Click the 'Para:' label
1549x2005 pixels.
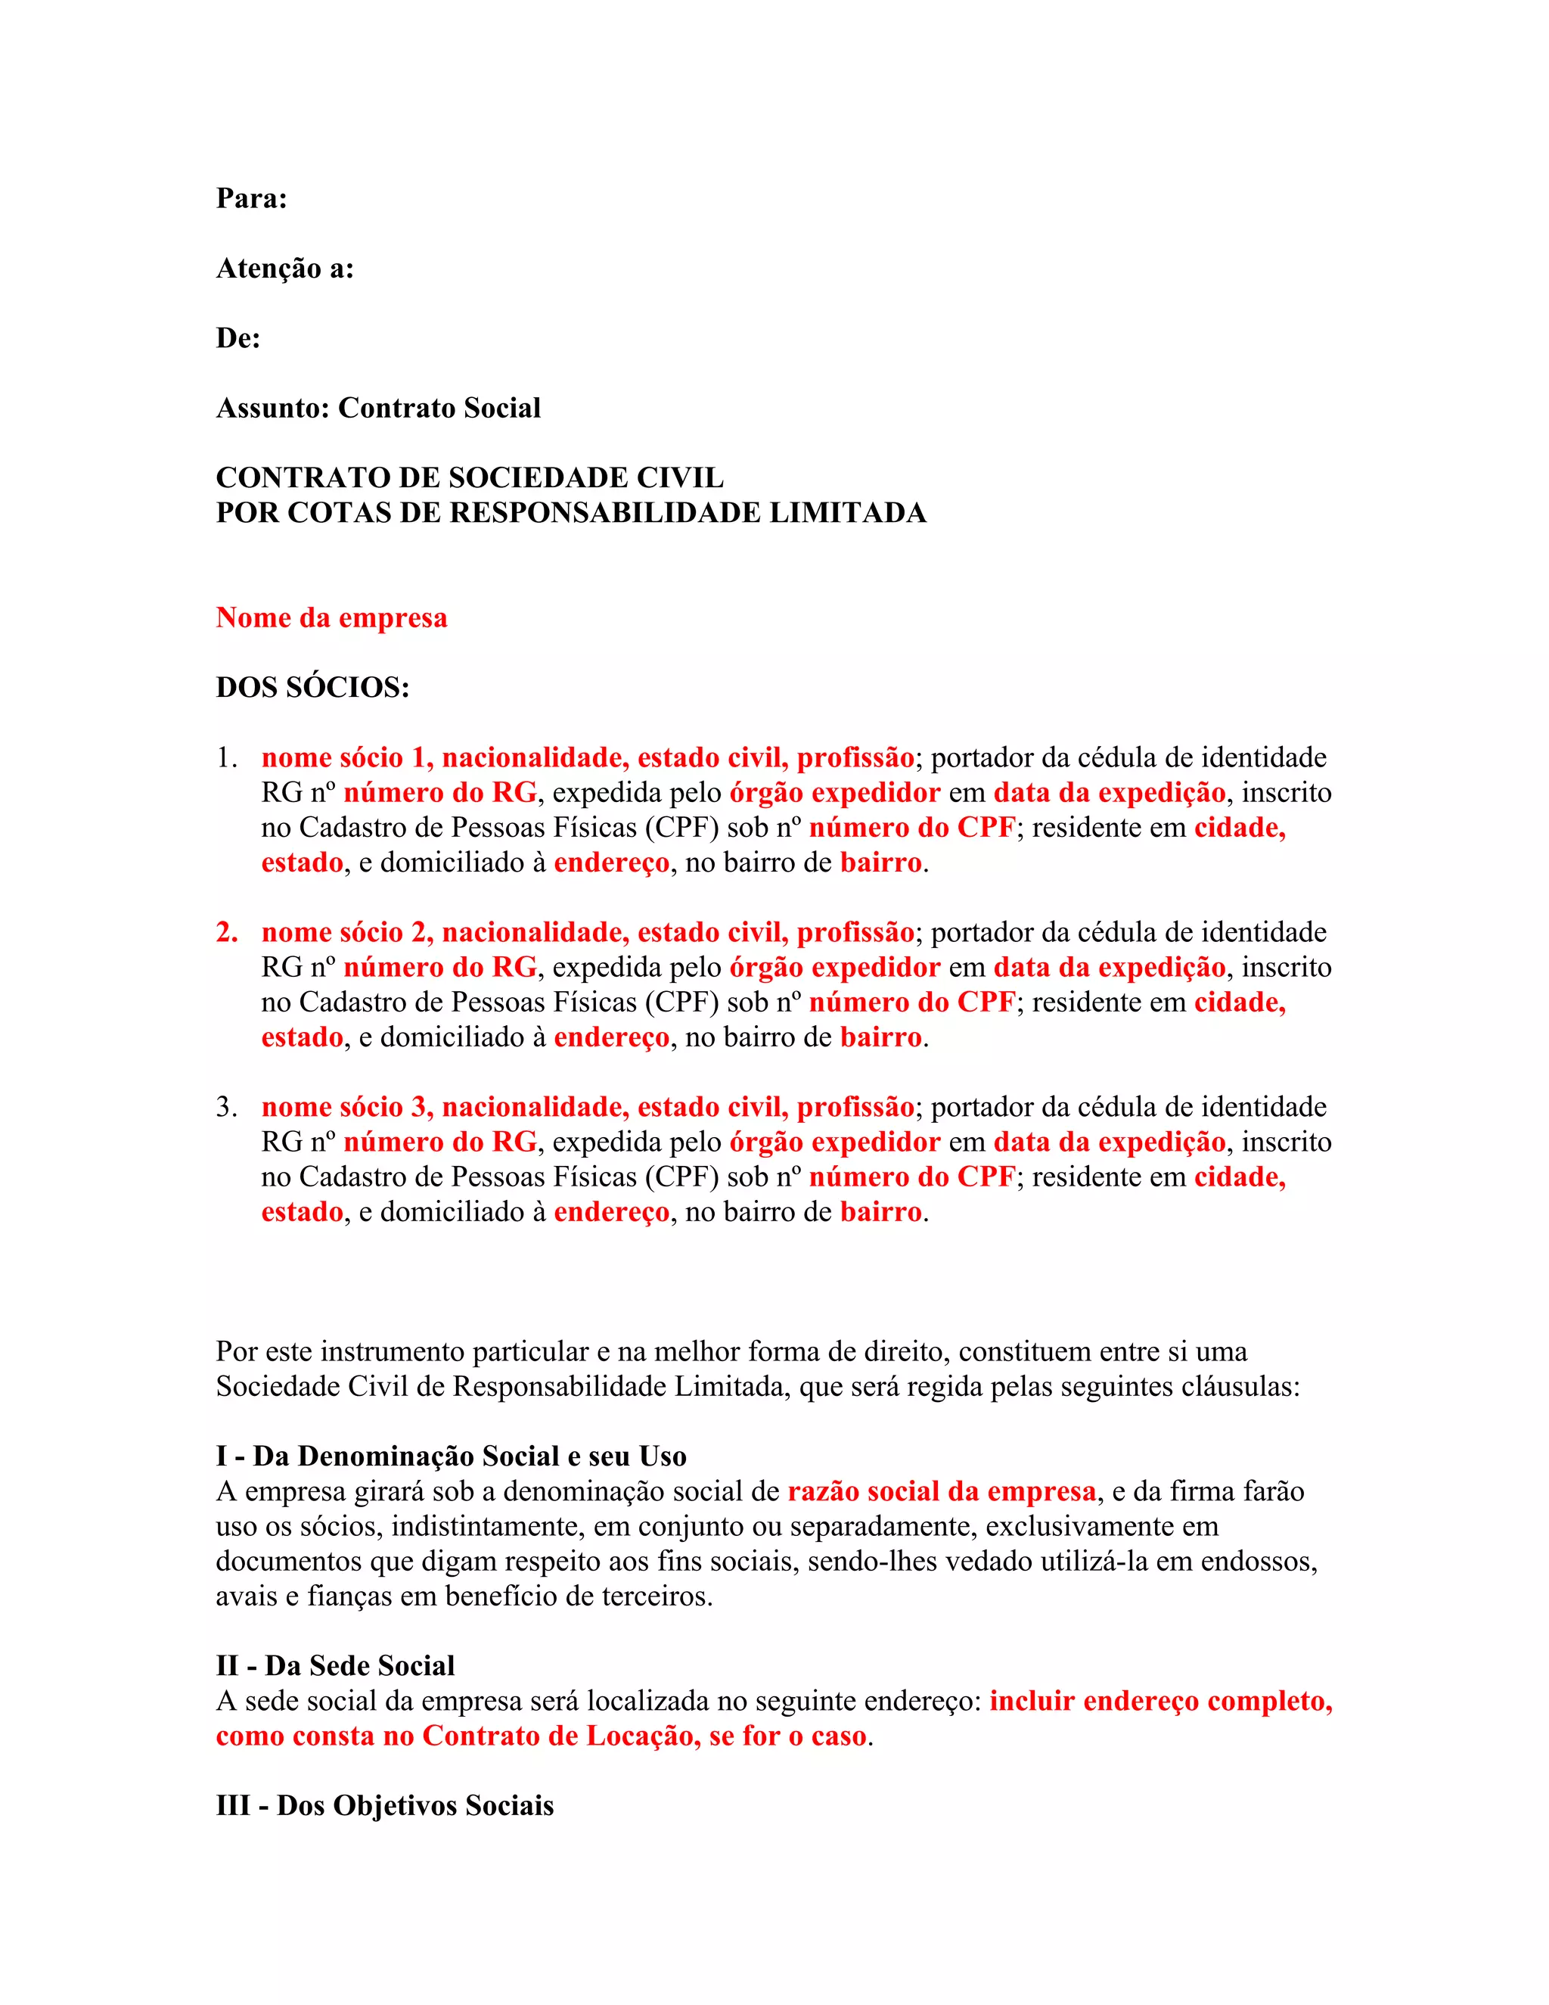point(251,198)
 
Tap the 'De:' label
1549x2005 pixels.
point(237,338)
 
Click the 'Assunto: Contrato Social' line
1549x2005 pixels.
point(378,408)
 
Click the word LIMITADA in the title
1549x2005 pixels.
point(847,512)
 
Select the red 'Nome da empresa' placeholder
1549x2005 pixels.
point(331,618)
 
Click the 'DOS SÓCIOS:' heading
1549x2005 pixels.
point(312,688)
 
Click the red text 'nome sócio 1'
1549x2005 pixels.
point(347,758)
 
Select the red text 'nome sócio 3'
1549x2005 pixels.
point(347,1107)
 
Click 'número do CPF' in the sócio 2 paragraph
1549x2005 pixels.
point(911,1003)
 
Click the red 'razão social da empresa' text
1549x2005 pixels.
point(942,1492)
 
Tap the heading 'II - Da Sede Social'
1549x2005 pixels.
point(335,1666)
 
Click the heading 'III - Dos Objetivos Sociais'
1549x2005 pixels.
point(384,1806)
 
